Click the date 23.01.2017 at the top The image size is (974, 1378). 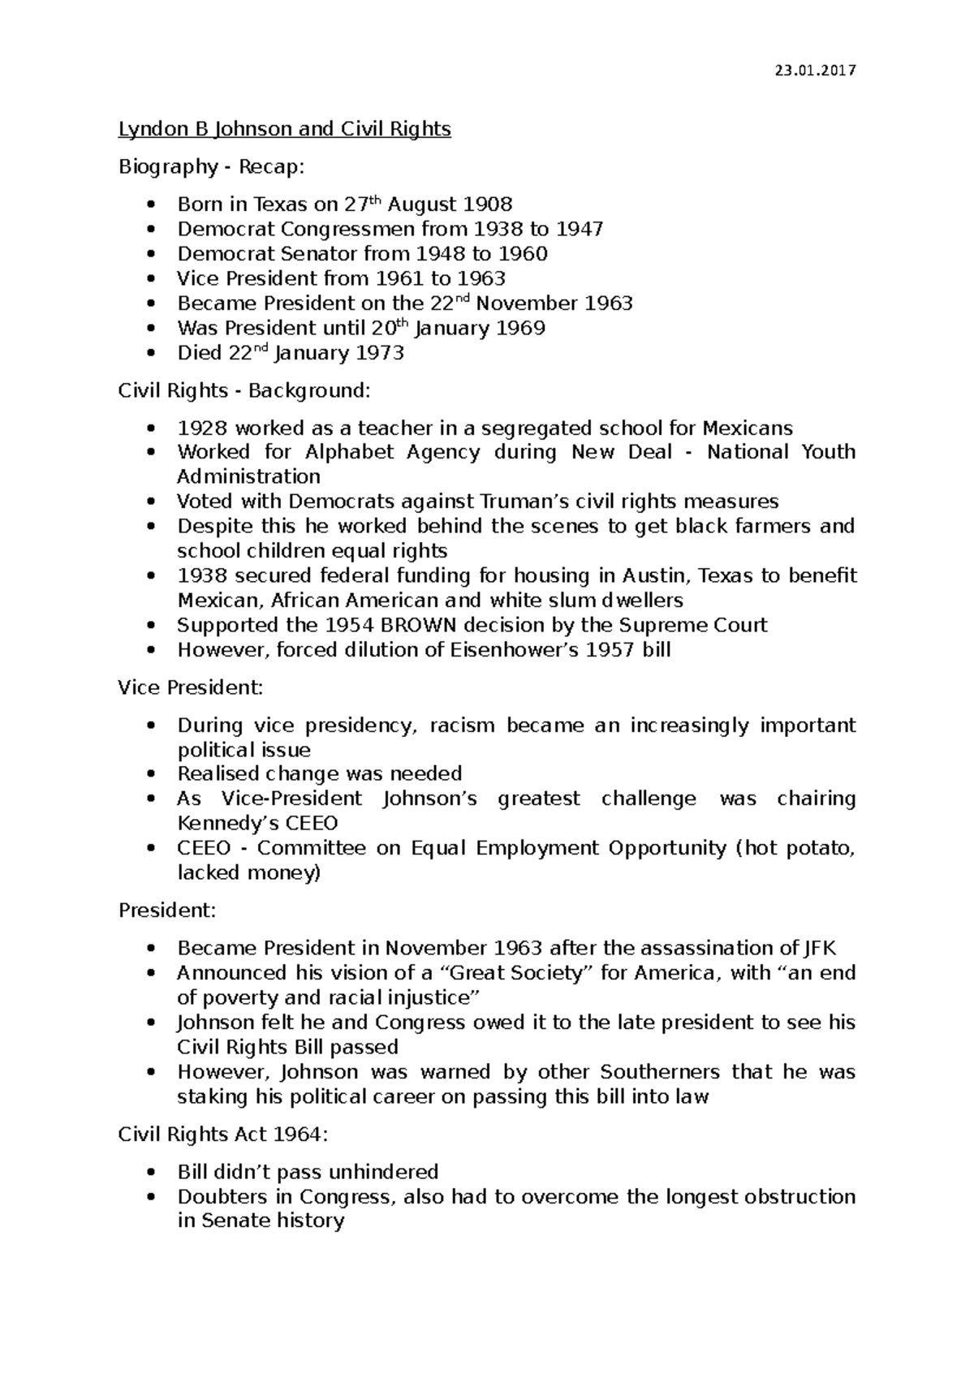815,71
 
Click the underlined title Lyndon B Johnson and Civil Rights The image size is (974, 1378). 284,129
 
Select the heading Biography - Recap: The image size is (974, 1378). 211,167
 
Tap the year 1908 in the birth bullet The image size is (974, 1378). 487,205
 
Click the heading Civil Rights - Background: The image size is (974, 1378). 243,391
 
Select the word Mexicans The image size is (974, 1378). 747,428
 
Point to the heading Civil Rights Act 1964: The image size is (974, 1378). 223,1135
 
